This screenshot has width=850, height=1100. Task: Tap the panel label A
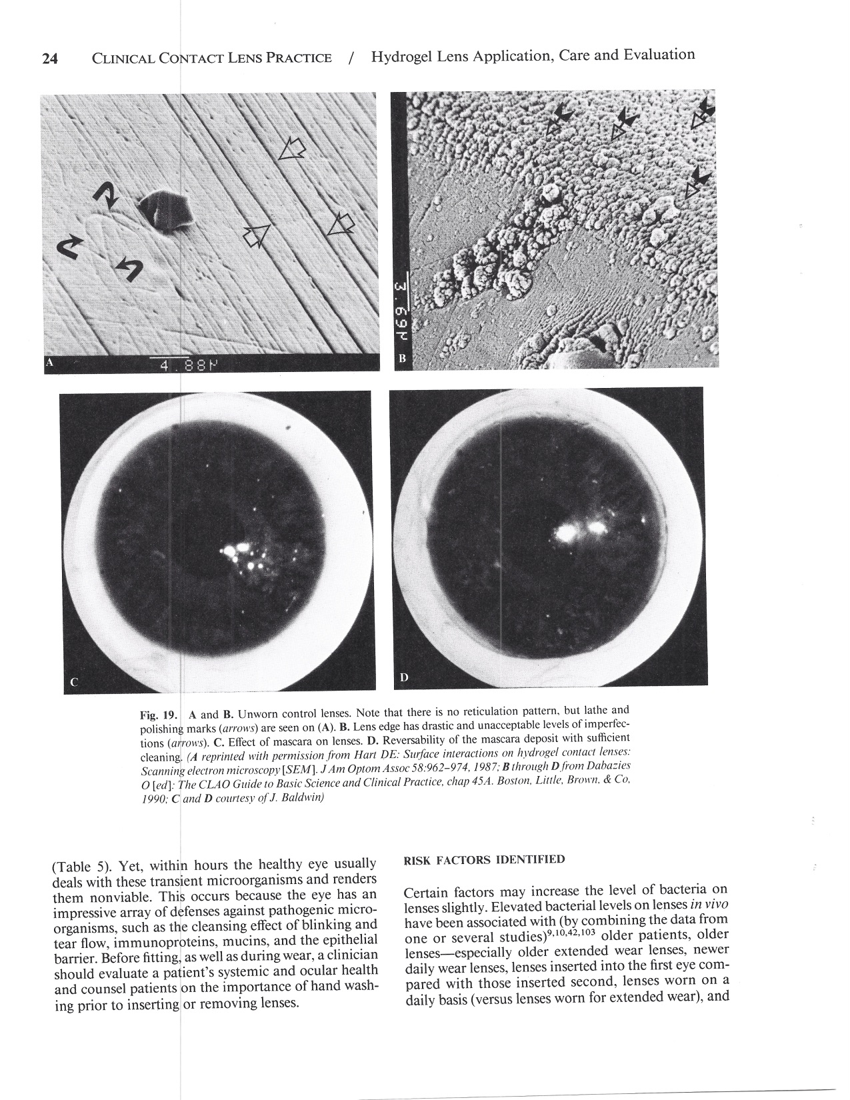(48, 363)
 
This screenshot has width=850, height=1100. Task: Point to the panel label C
(74, 682)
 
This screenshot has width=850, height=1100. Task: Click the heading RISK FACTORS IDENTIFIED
(485, 859)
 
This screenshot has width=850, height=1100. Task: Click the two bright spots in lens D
(581, 530)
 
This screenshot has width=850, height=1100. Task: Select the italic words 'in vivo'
(708, 905)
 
